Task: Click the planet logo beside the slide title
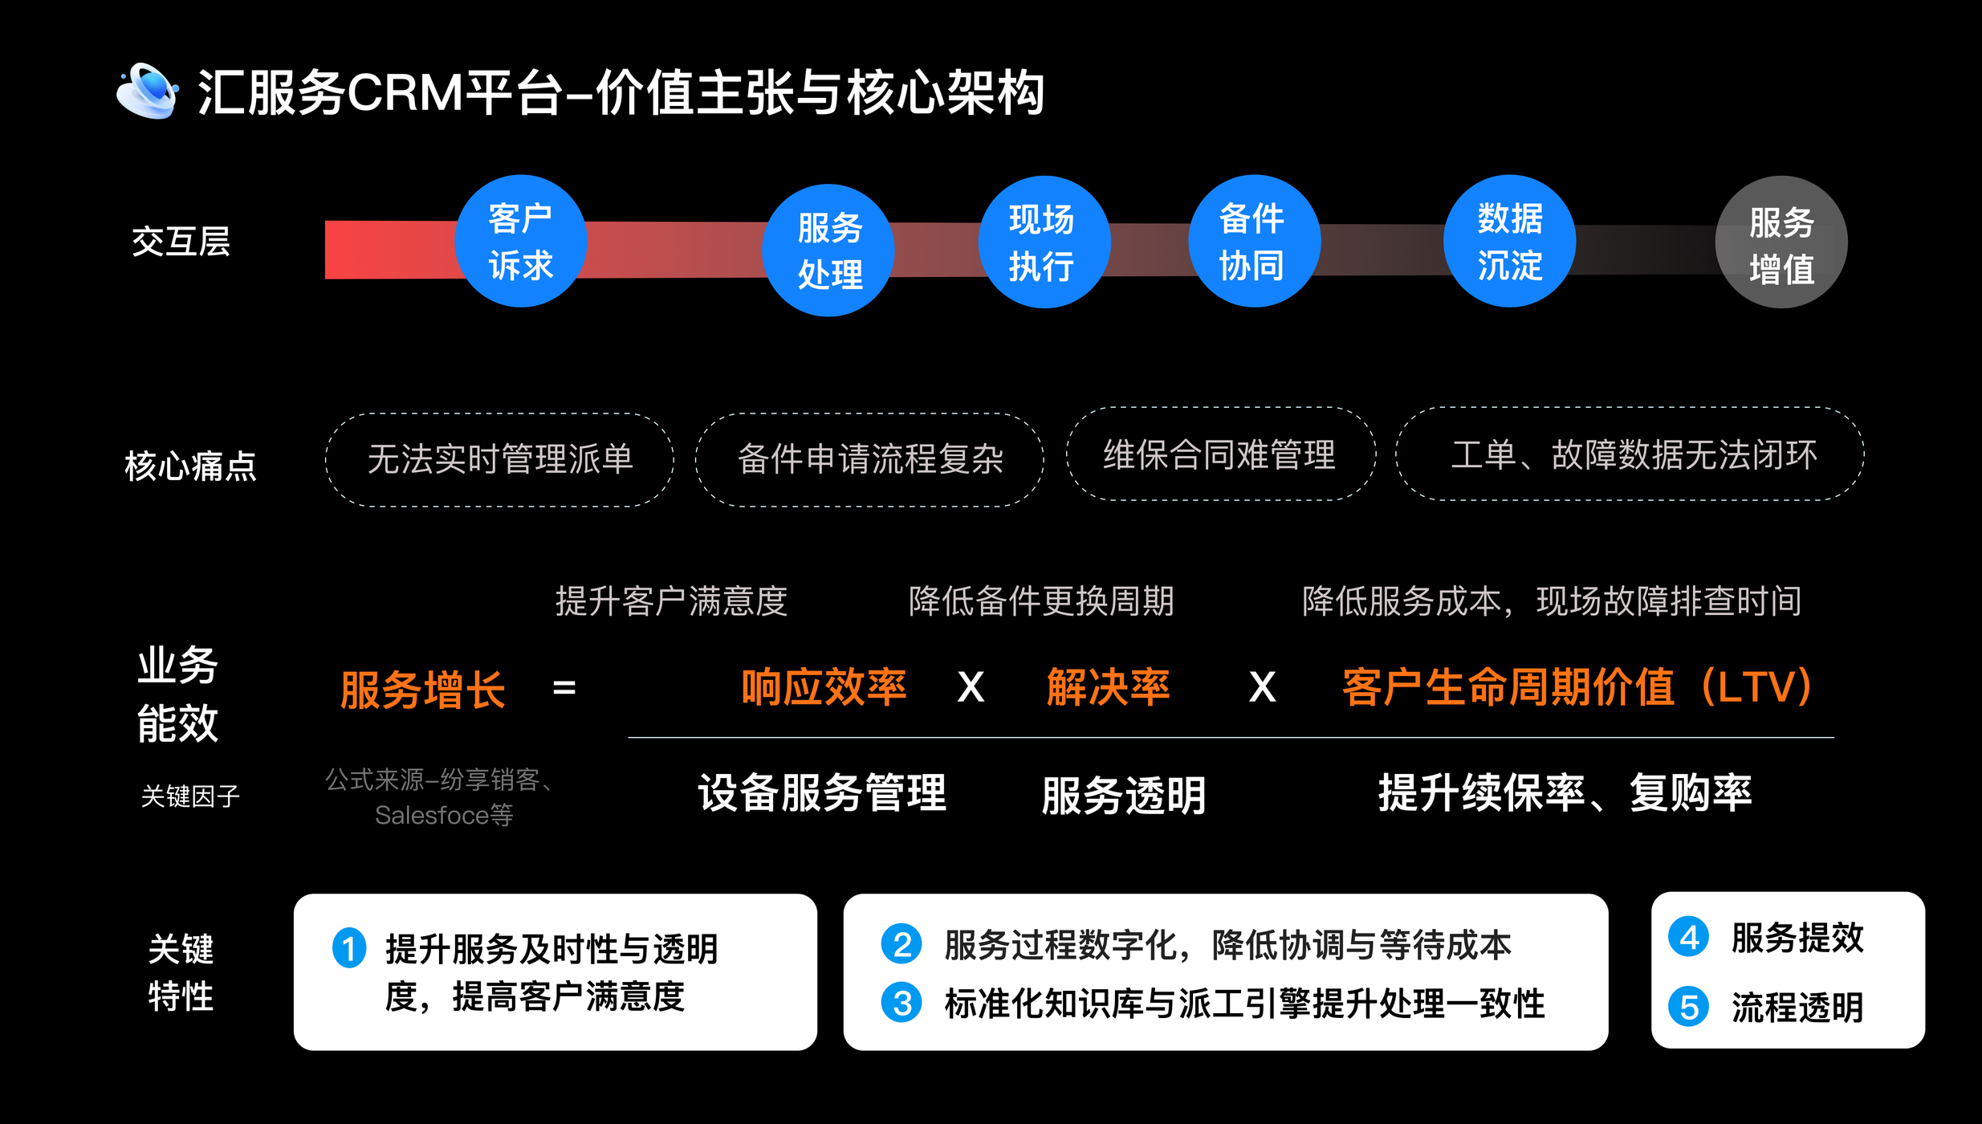[147, 91]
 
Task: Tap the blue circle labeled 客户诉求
[520, 241]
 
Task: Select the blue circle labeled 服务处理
[828, 250]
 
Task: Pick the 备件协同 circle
[1254, 241]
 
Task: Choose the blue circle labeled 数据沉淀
[1509, 241]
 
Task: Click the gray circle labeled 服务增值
[1781, 242]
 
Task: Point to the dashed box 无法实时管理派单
[499, 460]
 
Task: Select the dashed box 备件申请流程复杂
[869, 460]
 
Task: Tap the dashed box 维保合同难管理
[1220, 454]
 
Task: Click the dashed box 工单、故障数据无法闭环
[1630, 454]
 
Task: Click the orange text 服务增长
[422, 689]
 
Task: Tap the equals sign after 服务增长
[564, 688]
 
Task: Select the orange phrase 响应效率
[824, 687]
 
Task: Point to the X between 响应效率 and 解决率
[971, 688]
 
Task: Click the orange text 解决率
[1108, 687]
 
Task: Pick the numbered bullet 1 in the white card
[349, 948]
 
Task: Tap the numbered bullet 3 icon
[901, 1004]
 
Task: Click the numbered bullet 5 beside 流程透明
[1688, 1007]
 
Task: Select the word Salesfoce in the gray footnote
[432, 816]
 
